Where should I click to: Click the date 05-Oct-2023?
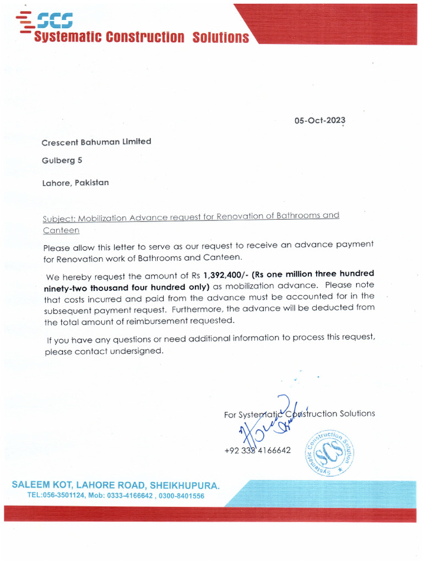point(319,121)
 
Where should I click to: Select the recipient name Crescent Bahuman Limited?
point(96,142)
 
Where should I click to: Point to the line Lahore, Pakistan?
point(75,182)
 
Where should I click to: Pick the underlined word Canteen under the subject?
point(61,230)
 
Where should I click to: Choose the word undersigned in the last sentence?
point(139,351)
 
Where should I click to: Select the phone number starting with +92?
point(257,451)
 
